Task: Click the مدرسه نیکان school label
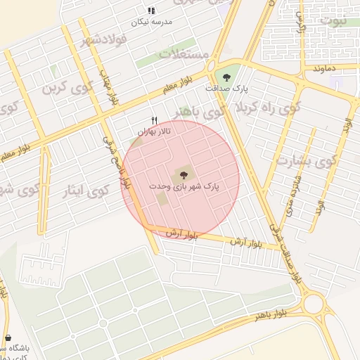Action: click(151, 22)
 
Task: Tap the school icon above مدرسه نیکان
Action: click(151, 11)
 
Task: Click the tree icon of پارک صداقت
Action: click(226, 77)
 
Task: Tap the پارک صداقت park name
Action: click(226, 89)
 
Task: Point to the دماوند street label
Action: click(327, 69)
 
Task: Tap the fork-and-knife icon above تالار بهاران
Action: click(155, 120)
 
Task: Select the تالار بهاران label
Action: click(155, 131)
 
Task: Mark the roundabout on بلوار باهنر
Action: click(314, 304)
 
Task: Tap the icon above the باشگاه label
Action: click(7, 337)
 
